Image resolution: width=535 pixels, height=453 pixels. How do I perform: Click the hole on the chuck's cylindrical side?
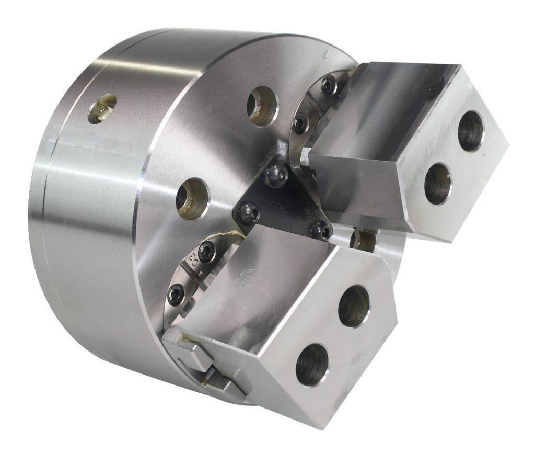pyautogui.click(x=102, y=108)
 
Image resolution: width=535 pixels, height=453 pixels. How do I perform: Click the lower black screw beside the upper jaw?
pyautogui.click(x=300, y=123)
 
